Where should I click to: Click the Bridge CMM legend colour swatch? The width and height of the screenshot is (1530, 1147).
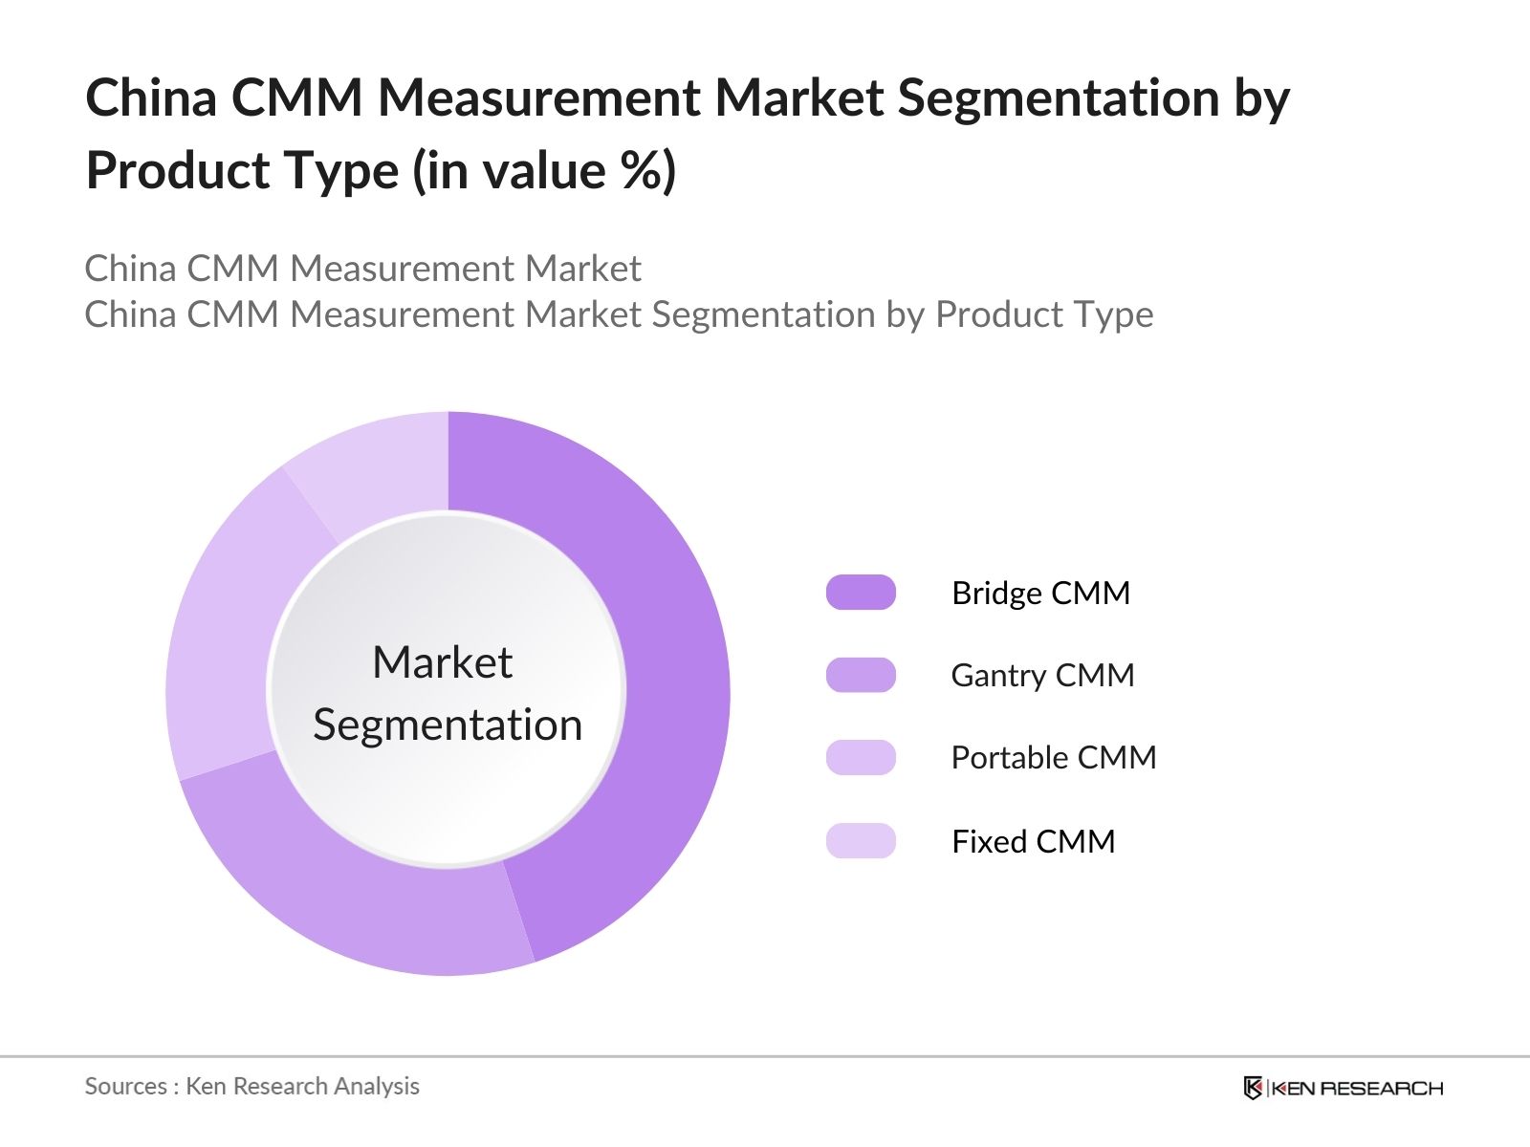[x=861, y=593]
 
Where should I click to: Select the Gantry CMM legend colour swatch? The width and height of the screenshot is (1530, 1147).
[x=861, y=675]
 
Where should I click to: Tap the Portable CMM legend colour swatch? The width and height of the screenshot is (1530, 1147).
[x=861, y=758]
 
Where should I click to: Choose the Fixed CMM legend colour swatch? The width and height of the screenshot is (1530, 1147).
[x=861, y=841]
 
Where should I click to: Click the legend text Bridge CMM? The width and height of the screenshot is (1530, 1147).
[x=1040, y=594]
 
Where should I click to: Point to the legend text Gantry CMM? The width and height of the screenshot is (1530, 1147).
[x=1042, y=676]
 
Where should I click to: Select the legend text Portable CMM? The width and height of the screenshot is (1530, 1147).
[x=1053, y=758]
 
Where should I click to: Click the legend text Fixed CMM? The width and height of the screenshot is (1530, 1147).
[x=1033, y=841]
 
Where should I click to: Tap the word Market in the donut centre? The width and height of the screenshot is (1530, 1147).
[x=442, y=662]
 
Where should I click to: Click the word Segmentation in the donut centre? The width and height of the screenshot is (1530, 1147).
[x=448, y=725]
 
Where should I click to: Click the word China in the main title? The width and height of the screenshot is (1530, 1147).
[x=151, y=97]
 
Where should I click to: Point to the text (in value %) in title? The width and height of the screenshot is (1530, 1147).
[x=544, y=171]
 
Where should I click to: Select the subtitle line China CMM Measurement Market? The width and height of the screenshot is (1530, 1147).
[x=362, y=269]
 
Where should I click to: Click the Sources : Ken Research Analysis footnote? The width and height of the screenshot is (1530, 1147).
[x=251, y=1086]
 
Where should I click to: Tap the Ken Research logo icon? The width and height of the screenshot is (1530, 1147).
[x=1253, y=1088]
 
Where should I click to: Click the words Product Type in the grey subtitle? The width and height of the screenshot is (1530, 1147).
[x=1043, y=314]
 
